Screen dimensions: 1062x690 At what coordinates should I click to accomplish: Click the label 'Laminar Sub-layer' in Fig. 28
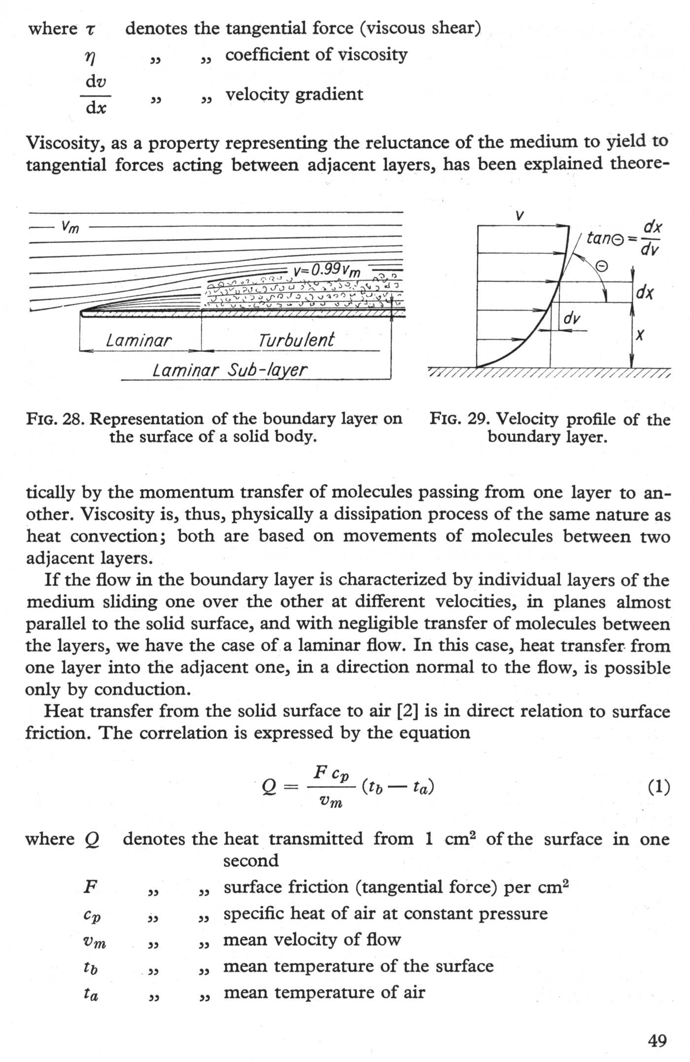(230, 370)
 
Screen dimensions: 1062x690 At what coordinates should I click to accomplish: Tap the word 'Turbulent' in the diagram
(296, 340)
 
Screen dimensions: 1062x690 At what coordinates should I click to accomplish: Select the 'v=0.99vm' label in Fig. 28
(327, 270)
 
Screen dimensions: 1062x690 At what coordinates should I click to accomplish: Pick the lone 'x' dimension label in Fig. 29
(640, 336)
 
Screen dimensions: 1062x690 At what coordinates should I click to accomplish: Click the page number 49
(657, 1041)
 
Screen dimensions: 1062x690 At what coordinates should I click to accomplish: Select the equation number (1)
(658, 787)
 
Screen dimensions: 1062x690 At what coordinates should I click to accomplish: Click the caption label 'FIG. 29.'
(459, 419)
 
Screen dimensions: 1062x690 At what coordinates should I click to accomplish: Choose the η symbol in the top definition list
(90, 58)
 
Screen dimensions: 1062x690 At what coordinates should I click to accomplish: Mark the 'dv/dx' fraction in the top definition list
(96, 95)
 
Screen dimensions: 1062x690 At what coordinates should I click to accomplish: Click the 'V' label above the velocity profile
(519, 215)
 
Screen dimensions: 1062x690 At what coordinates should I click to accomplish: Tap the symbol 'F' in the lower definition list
(90, 887)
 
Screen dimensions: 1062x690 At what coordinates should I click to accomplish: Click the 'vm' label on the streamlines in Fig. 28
(70, 227)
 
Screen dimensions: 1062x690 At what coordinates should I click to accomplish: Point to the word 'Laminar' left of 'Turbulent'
(138, 340)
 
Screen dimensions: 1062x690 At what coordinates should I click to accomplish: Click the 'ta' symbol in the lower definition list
(91, 993)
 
